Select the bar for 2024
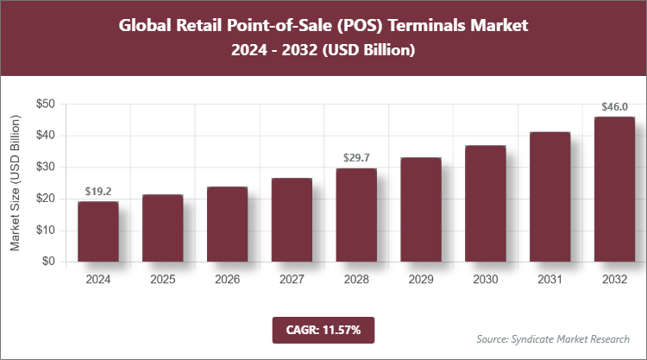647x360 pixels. (x=97, y=231)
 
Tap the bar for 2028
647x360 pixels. (x=356, y=215)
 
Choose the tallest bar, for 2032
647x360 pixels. (x=615, y=189)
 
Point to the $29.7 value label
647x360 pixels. (x=356, y=158)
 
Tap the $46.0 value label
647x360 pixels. (x=615, y=107)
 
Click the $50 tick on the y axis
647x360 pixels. (x=45, y=104)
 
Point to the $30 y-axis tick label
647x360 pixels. (x=45, y=167)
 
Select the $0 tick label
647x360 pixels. (x=48, y=262)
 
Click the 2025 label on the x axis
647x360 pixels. (x=162, y=280)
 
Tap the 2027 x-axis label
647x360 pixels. (x=292, y=280)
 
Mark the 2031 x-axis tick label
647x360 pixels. (x=550, y=280)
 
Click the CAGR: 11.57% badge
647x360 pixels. (x=323, y=329)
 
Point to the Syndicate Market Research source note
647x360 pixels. (x=553, y=338)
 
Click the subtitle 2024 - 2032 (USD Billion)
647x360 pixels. (x=323, y=50)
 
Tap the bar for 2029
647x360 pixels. (x=421, y=210)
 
